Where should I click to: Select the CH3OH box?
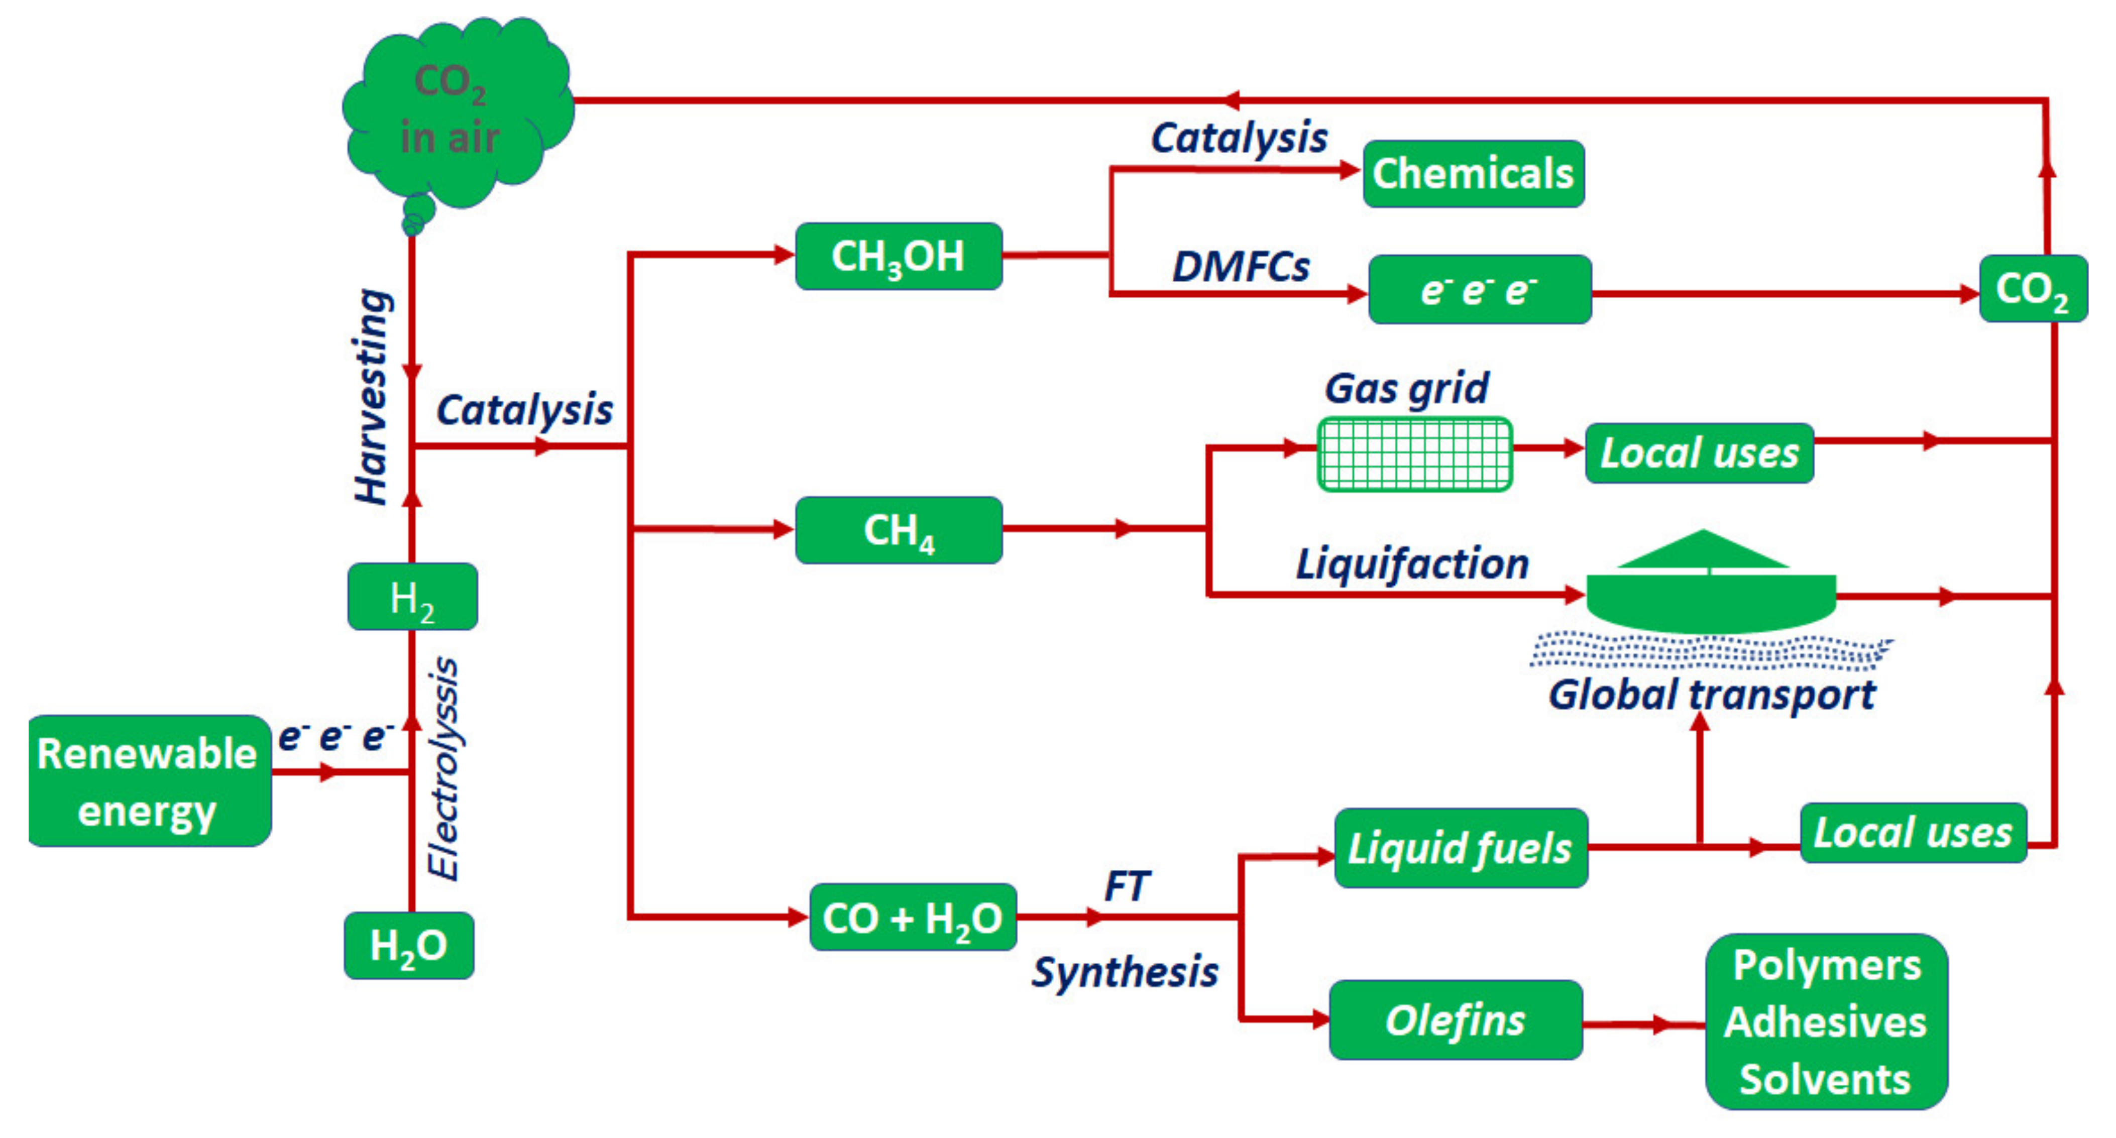[899, 256]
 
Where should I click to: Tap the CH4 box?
[899, 530]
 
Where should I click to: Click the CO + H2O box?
[913, 917]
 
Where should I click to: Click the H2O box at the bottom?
[409, 945]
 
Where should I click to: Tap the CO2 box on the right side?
[2032, 289]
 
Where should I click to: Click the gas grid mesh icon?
[1414, 454]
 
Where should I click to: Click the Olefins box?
[1456, 1020]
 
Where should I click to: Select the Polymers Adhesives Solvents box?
[1826, 1021]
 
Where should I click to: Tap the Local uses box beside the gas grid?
[1699, 453]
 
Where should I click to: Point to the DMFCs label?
[1241, 267]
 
